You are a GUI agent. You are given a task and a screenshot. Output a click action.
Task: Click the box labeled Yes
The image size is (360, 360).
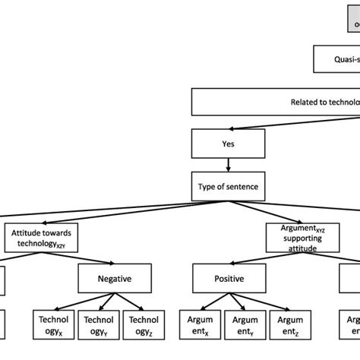click(x=229, y=141)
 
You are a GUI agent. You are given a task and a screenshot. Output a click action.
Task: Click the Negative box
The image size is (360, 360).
click(x=115, y=279)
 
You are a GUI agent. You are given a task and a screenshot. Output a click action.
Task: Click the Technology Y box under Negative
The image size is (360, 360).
click(x=98, y=325)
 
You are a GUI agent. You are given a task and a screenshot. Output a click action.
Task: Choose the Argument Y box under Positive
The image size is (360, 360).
click(x=241, y=325)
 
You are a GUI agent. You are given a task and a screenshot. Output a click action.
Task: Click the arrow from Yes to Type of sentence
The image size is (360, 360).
click(x=229, y=164)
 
